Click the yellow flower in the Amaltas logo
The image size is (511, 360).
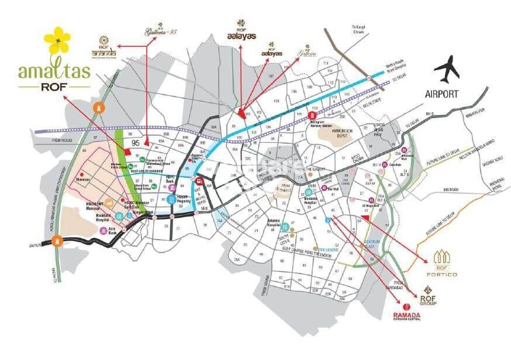57,40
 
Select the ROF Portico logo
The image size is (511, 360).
446,262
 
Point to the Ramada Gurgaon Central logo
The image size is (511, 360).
406,313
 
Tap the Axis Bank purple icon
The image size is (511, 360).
104,231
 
